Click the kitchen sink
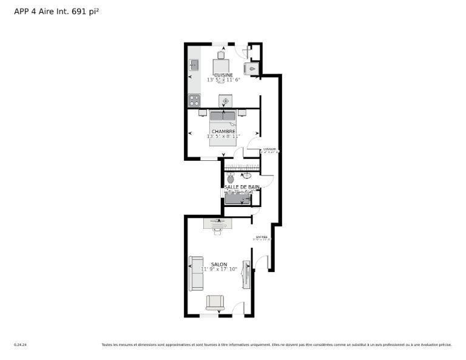tap(194, 65)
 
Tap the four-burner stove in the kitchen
tap(194, 100)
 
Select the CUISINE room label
tap(223, 75)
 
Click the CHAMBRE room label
tap(223, 131)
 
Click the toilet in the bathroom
tap(231, 178)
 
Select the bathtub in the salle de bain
tap(237, 198)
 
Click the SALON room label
tap(219, 264)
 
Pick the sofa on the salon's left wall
tap(196, 273)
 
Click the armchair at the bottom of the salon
tap(215, 302)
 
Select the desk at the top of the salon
tap(217, 223)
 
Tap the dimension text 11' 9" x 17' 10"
tap(219, 269)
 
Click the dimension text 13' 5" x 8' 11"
tap(223, 136)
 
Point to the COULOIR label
tap(269, 149)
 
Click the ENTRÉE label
tap(262, 237)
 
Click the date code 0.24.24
tap(20, 345)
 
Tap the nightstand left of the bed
tap(203, 112)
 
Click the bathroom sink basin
tap(247, 176)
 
